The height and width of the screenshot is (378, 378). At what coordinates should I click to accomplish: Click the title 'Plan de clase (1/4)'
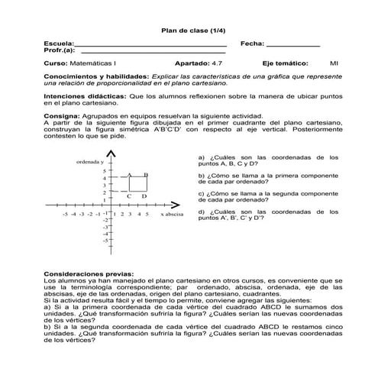coord(188,30)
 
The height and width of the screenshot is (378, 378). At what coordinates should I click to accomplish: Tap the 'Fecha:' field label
coord(251,44)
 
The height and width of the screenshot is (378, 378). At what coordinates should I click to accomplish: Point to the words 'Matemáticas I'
coord(91,64)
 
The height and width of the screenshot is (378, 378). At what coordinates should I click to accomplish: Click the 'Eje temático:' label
coord(285,64)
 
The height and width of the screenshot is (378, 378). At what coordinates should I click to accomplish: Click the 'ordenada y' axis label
coord(91,163)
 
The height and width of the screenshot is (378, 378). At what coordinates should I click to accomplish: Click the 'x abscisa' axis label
coord(173,215)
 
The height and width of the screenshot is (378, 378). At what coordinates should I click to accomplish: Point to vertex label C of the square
coord(129,196)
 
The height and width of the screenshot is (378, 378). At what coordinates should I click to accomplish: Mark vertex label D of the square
coord(144,196)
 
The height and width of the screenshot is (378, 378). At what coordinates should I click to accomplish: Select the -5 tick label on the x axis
coord(66,215)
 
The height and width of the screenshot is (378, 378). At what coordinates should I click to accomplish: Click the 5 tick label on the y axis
coord(105,171)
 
